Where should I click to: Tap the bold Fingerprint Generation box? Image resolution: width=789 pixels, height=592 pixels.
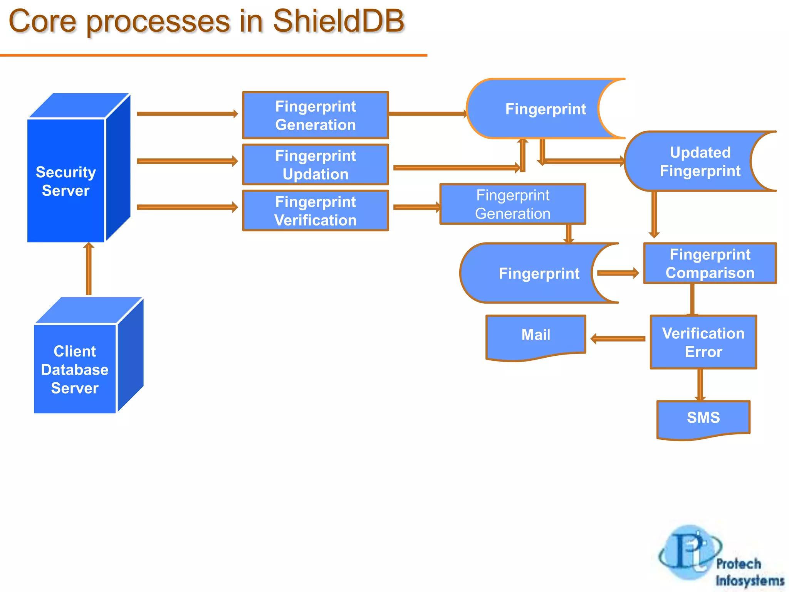[x=315, y=115]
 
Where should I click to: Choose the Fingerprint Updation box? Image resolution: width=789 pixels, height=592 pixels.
[x=315, y=165]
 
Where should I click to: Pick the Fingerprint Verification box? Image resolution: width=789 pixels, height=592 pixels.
[x=315, y=210]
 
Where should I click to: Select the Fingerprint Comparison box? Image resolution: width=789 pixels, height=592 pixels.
[x=710, y=263]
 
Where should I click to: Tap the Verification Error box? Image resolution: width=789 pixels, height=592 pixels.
[x=703, y=342]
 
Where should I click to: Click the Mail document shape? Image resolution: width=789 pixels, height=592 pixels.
[x=536, y=335]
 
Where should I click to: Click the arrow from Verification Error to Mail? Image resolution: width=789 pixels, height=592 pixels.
[x=618, y=339]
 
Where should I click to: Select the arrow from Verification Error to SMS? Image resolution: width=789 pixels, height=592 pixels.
[x=700, y=385]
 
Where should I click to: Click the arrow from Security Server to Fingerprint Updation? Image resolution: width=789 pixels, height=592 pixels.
[x=187, y=161]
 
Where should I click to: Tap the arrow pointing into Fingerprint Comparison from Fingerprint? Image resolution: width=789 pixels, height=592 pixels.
[x=618, y=273]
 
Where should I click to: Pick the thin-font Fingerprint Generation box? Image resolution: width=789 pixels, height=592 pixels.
[x=512, y=204]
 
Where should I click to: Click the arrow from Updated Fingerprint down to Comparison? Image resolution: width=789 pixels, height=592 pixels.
[x=654, y=214]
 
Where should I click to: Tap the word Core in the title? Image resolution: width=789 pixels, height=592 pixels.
[x=42, y=21]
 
